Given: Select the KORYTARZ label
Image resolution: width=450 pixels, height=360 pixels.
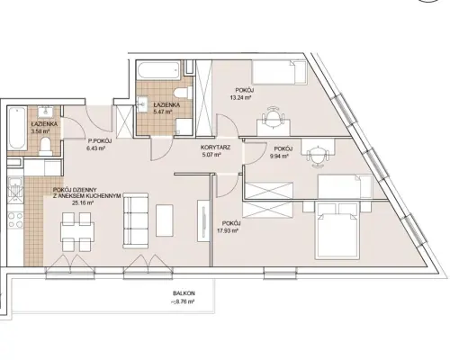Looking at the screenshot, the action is click(x=215, y=148).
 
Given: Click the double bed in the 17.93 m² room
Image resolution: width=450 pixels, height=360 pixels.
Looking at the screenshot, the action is click(x=337, y=230).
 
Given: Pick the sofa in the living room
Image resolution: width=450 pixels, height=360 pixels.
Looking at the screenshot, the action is click(x=136, y=220).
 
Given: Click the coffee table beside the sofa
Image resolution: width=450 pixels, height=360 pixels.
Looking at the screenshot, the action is click(x=165, y=220).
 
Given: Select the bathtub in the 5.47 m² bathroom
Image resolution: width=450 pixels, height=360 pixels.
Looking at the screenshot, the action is click(x=159, y=70).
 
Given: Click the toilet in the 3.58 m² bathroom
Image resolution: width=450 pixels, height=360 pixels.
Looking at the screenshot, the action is click(x=46, y=146).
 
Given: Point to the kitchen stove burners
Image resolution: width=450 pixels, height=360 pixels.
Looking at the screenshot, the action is click(x=15, y=220).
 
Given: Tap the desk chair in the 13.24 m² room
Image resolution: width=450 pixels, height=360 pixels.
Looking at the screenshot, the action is click(x=273, y=115).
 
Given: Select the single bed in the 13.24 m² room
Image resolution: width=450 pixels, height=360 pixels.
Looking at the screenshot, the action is click(x=279, y=72).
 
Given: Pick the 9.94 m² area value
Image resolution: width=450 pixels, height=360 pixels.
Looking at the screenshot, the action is click(x=277, y=156).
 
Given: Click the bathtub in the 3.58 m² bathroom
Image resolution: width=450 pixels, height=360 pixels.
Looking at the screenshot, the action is click(x=16, y=129).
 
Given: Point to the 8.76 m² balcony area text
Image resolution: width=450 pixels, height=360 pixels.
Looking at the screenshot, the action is click(x=183, y=301).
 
